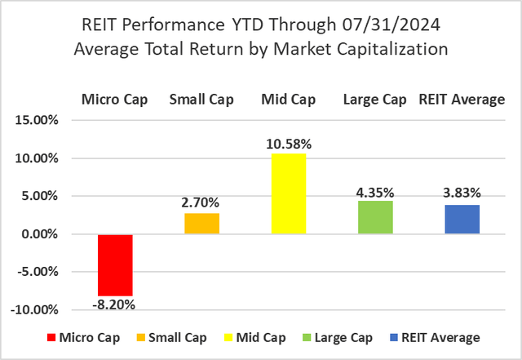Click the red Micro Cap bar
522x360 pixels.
click(x=115, y=264)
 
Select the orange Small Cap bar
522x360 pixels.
click(x=202, y=224)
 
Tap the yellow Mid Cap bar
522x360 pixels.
click(x=289, y=193)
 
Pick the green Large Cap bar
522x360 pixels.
click(x=375, y=217)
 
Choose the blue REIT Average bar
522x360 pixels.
click(x=462, y=220)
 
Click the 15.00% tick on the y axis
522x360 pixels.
click(x=39, y=121)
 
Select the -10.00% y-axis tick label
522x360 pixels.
click(x=38, y=310)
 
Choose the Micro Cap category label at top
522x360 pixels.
click(x=115, y=100)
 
